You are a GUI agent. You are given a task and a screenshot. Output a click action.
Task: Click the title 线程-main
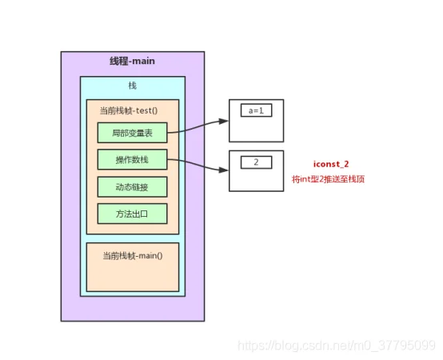click(132, 61)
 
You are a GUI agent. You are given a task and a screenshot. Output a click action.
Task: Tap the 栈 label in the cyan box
click(133, 86)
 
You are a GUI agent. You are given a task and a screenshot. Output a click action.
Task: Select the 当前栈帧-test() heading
click(129, 110)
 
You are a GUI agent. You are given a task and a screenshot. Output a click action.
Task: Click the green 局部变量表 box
click(132, 133)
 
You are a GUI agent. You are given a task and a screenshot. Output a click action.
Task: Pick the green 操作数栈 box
click(132, 159)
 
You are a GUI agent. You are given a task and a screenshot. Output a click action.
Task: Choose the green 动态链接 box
click(132, 186)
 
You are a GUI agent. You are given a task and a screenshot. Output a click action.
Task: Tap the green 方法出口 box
click(132, 214)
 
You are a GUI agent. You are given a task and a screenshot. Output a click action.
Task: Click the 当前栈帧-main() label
click(133, 256)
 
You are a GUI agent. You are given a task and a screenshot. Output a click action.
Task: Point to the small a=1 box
click(256, 110)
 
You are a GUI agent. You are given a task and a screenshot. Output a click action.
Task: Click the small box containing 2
click(256, 162)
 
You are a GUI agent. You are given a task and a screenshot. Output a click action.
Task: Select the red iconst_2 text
click(331, 164)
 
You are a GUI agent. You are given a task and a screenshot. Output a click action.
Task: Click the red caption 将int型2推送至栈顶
click(328, 179)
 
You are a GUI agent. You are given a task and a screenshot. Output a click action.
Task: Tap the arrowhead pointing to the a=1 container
click(223, 121)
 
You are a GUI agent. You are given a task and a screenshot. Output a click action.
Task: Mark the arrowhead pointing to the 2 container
click(223, 170)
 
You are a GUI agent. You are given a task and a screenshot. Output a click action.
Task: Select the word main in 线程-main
click(143, 61)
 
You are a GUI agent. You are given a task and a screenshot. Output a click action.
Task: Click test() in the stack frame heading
click(146, 110)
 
